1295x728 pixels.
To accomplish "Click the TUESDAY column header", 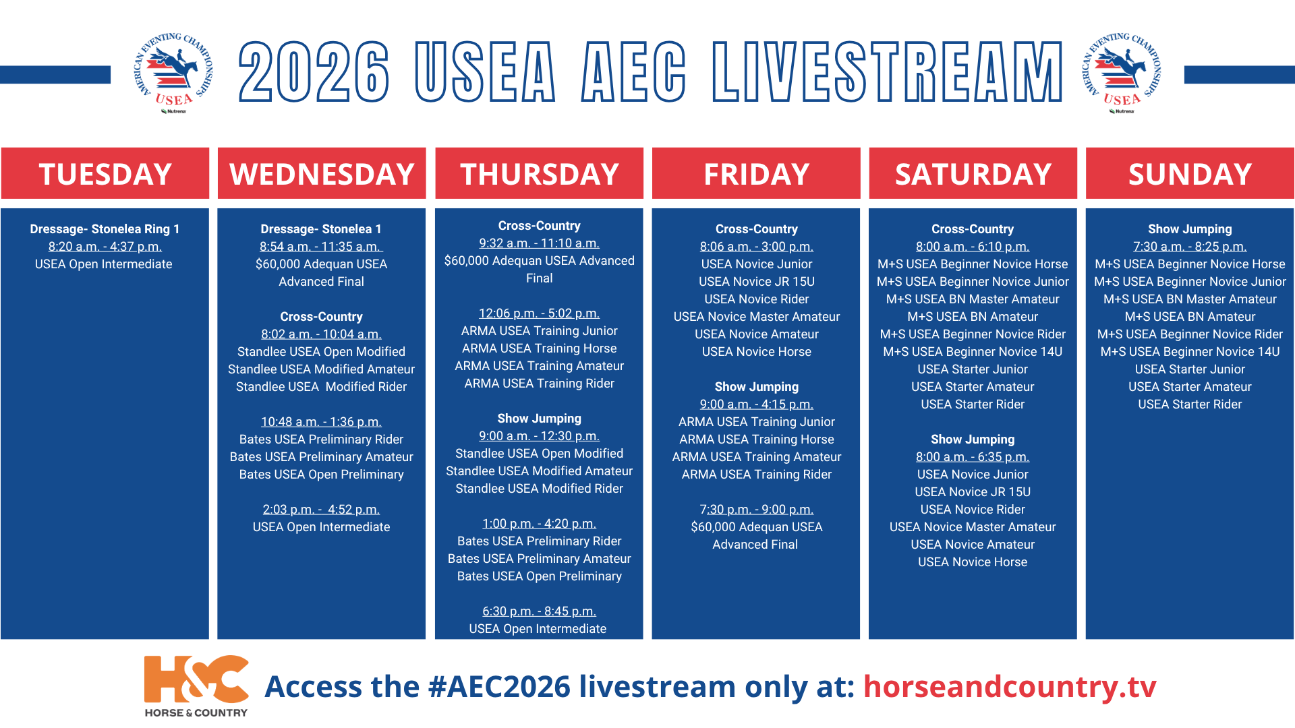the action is tap(105, 174).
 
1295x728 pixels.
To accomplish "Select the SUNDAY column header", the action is tap(1190, 174).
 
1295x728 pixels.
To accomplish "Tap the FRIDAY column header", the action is tap(756, 174).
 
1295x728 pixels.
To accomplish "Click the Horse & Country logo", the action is tap(196, 686).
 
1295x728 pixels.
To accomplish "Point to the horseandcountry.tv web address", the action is tap(1010, 686).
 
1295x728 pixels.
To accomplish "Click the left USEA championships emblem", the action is tap(173, 73).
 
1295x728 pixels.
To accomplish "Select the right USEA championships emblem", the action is tap(1122, 73).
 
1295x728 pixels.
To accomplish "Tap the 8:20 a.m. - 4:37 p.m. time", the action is tap(105, 247).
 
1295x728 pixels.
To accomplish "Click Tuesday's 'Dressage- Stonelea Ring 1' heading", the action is tap(105, 229).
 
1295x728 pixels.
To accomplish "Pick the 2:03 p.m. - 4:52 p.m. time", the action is tap(321, 510).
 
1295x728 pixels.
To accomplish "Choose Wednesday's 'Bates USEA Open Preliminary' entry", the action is tap(321, 475).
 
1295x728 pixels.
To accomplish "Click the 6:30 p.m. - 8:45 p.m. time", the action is tap(539, 611).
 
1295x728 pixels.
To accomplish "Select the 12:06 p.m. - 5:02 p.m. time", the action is tap(539, 313).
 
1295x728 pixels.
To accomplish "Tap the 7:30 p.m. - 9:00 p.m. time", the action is tap(756, 510).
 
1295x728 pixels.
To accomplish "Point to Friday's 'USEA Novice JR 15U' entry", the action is tap(756, 282).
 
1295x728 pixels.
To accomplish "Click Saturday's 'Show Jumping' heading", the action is tap(973, 439).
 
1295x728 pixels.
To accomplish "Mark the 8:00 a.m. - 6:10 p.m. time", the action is tap(973, 247).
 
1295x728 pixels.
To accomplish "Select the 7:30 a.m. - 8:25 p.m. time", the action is tap(1190, 247).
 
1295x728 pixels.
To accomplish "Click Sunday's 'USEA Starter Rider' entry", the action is tap(1190, 404).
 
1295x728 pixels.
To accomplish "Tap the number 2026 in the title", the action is tap(314, 71).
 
